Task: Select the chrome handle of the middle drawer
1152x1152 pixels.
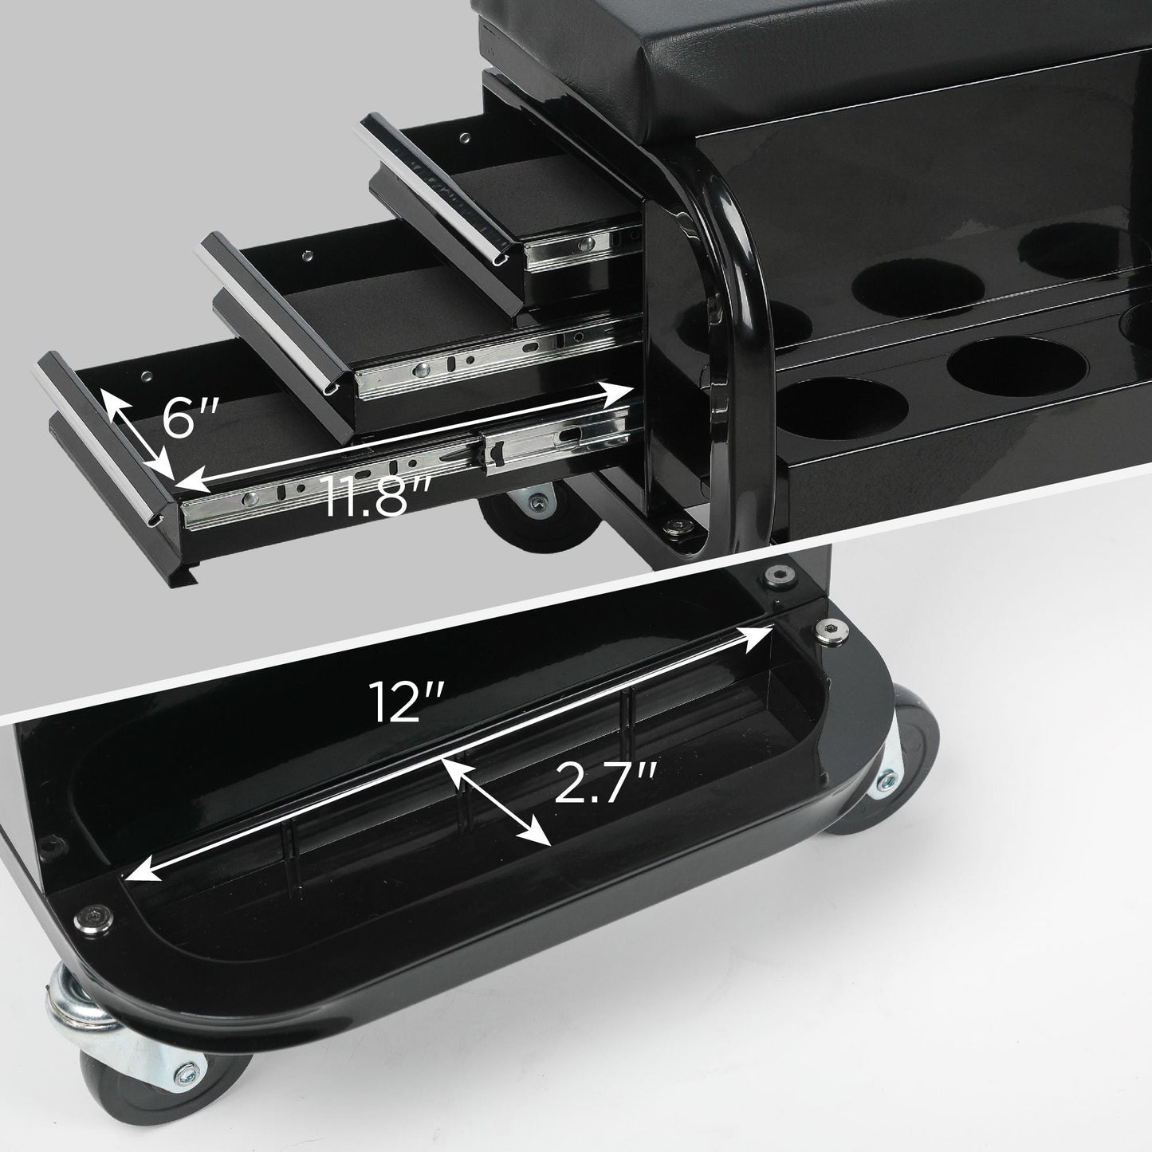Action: pos(276,312)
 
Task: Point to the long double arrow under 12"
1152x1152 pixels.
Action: pos(446,753)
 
